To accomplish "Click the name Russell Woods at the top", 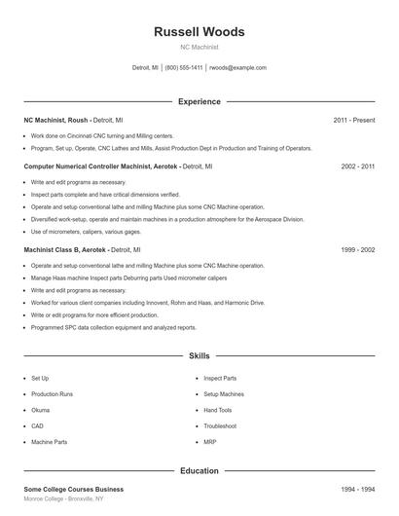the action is (199, 32).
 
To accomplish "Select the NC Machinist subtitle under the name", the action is (199, 47).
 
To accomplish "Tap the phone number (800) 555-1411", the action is (184, 68).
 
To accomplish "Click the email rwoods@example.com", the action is (237, 68).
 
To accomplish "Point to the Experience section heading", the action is (199, 101).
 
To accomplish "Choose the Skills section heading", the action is (199, 356).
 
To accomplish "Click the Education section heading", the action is (199, 471).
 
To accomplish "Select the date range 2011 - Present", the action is (354, 120).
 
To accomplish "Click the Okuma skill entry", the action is (41, 410).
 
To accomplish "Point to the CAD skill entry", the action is (37, 425).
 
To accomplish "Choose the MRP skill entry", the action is (211, 442).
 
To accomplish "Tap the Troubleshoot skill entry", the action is (220, 425).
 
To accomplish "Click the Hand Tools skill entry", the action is (218, 410).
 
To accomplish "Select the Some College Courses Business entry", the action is (74, 489).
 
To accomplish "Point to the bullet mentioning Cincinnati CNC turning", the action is (102, 136).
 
